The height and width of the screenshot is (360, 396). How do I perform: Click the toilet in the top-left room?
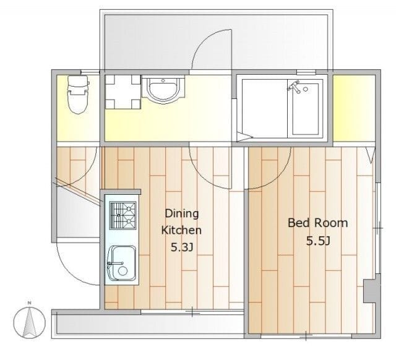(x=77, y=98)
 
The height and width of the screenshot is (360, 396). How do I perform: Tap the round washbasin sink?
(x=162, y=90)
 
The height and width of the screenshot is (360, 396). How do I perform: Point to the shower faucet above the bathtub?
(x=298, y=88)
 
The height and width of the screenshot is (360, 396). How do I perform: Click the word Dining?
(x=181, y=213)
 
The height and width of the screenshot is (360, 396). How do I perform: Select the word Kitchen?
(x=181, y=230)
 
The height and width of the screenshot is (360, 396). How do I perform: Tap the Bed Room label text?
(x=317, y=223)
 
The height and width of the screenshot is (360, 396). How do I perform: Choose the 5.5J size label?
(x=317, y=241)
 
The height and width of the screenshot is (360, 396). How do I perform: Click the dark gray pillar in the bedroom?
(x=369, y=291)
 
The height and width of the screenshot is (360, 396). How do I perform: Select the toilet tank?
(x=77, y=81)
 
